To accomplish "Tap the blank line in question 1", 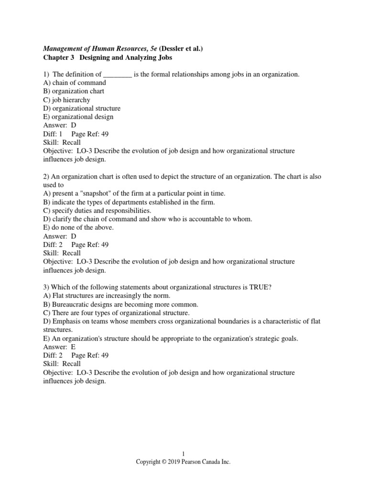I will tap(118, 74).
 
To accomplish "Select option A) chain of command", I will tap(75, 83).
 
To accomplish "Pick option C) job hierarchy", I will tap(66, 100).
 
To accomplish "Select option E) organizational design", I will tap(78, 117).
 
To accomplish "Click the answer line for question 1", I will tap(60, 125).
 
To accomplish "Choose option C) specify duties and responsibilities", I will tap(97, 211).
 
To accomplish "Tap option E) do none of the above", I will tap(78, 228).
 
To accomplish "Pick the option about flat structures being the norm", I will tap(100, 296).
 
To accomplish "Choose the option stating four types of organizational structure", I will tap(116, 313).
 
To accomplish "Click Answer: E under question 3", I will tap(59, 347).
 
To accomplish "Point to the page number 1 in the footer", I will tap(183, 454).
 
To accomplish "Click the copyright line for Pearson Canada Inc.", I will tap(183, 462).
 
